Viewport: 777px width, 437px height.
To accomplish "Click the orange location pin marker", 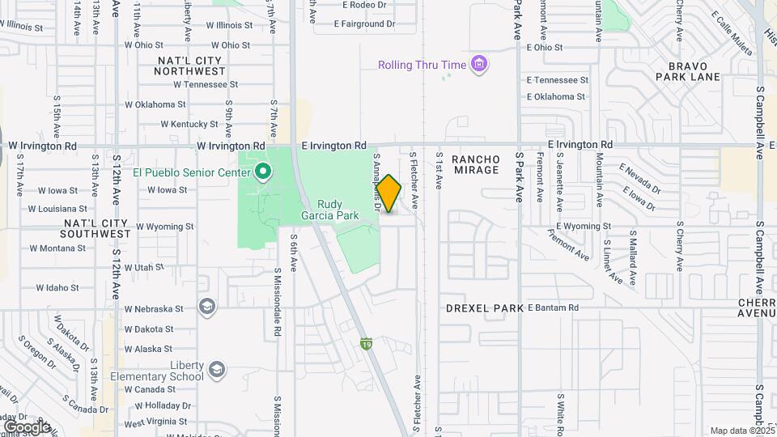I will [388, 193].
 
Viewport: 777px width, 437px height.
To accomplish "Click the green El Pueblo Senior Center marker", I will [262, 172].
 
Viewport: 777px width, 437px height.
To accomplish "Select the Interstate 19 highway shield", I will [366, 344].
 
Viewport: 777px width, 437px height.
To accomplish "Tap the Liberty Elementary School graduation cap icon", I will [216, 369].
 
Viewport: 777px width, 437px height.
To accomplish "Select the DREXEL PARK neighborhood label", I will [484, 308].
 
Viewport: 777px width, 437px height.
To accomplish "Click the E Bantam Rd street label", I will [554, 308].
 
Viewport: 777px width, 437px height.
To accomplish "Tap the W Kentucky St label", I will [189, 125].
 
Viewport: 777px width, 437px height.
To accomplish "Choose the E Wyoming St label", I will [583, 227].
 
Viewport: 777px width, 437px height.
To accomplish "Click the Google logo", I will [26, 426].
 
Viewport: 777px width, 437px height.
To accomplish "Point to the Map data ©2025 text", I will [741, 431].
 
